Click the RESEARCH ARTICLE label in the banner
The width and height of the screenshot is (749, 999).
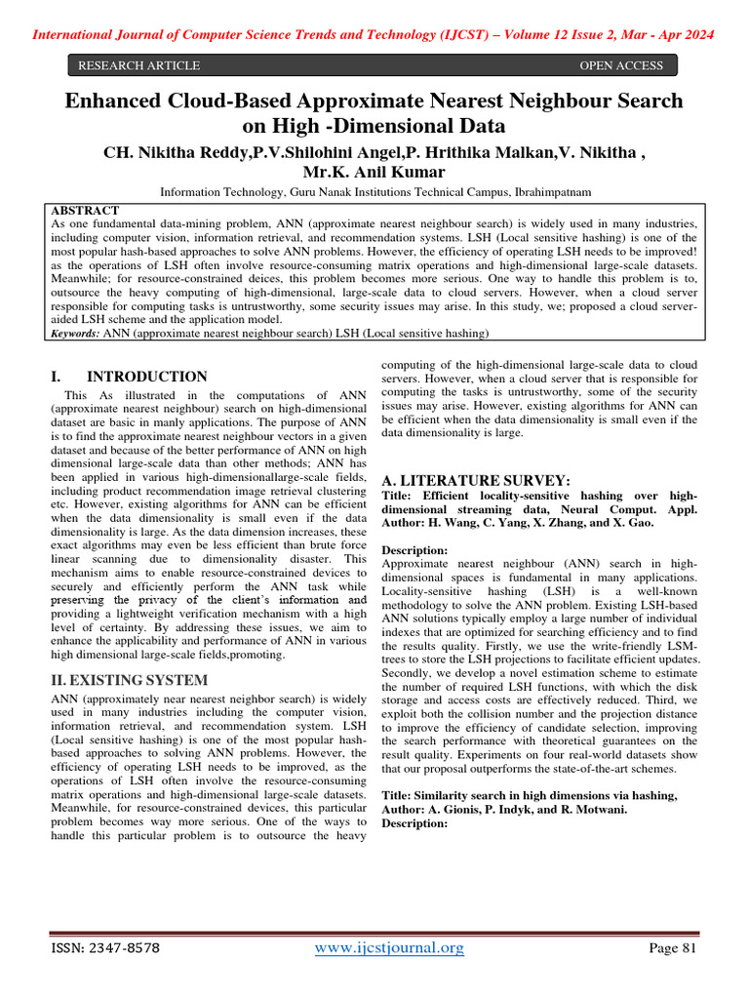point(138,66)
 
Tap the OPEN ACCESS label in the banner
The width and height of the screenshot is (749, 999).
point(621,66)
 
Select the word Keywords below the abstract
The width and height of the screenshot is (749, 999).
point(74,334)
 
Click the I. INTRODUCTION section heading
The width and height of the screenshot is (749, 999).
point(128,377)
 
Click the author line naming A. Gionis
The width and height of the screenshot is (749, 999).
point(500,810)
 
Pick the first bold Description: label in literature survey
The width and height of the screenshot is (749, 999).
point(414,550)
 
